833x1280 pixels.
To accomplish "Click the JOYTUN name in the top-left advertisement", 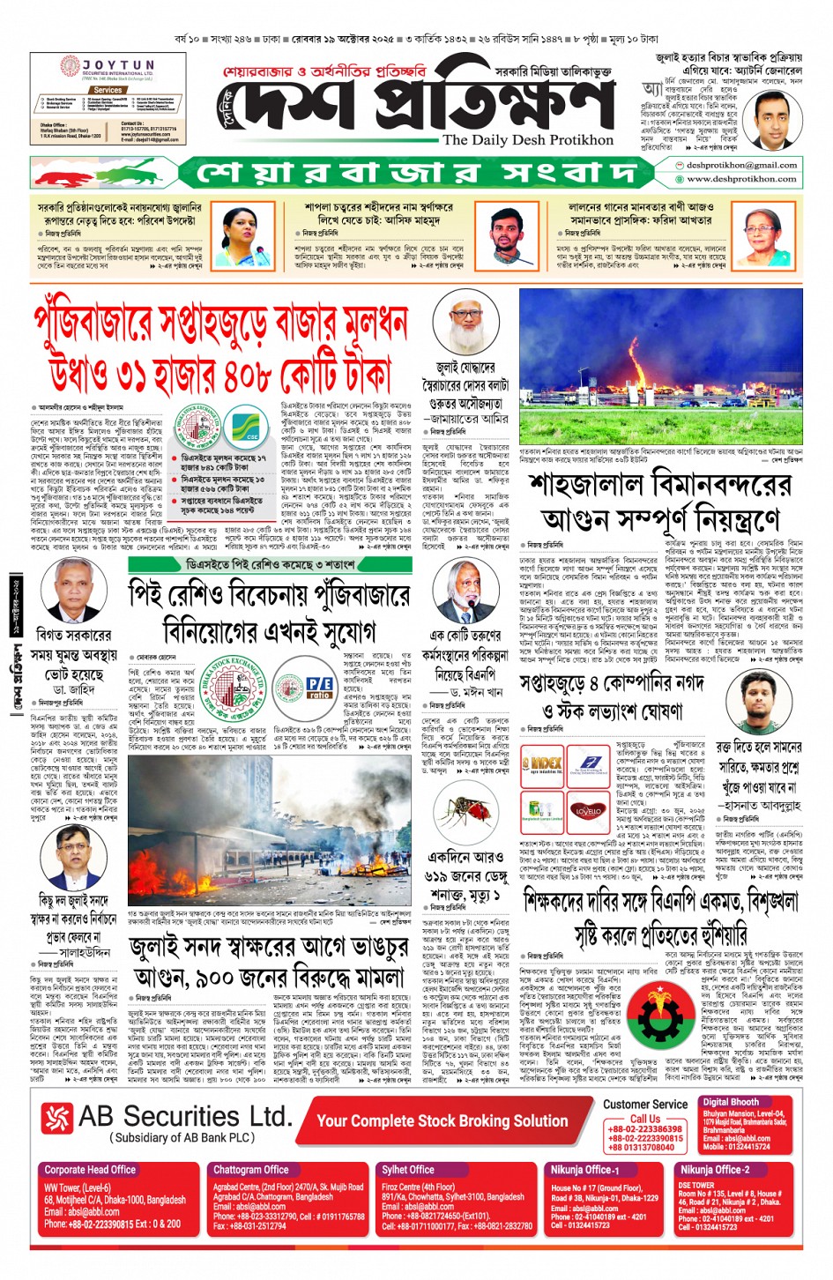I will pos(118,65).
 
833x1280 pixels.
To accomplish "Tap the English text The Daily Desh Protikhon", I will pos(527,140).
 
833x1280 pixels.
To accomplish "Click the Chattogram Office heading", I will pos(251,1170).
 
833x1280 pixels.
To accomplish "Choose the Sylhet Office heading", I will pos(408,1170).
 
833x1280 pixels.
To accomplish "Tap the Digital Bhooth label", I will pos(731,1102).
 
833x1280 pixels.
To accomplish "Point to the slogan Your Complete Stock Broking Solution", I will pos(443,1120).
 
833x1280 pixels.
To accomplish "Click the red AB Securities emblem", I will pos(57,1119).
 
